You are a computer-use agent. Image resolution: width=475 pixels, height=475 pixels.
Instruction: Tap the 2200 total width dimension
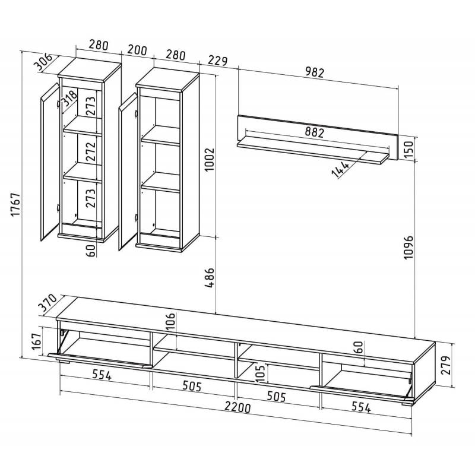point(237,407)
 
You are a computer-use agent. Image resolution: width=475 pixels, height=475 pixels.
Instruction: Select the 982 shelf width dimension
point(315,72)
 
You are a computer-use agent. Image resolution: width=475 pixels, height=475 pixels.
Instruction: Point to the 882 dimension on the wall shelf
point(315,132)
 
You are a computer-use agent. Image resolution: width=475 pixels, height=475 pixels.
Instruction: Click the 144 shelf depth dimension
point(340,169)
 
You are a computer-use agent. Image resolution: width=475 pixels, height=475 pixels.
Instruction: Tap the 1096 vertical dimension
point(408,246)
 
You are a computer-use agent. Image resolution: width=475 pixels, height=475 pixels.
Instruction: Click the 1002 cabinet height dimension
point(210,159)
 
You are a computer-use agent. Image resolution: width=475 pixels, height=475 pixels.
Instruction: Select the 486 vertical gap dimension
point(210,277)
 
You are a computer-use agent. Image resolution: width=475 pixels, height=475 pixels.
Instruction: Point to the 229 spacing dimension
point(217,61)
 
